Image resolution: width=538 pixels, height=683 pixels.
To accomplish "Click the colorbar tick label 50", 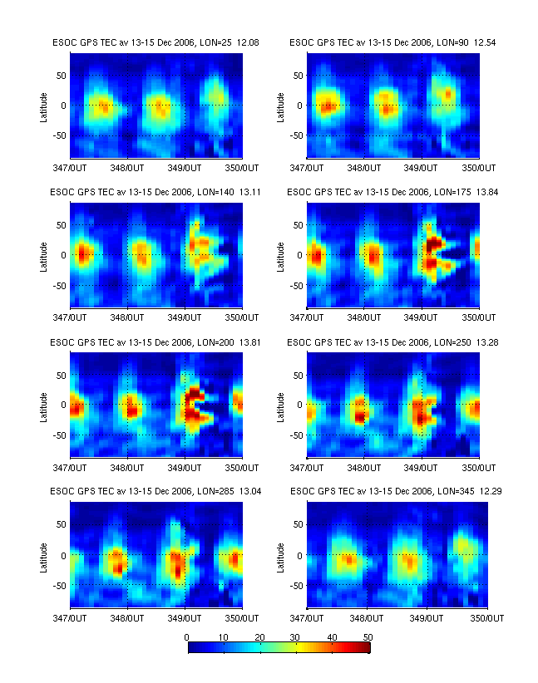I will pos(367,636).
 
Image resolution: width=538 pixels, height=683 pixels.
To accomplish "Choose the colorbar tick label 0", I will pos(188,636).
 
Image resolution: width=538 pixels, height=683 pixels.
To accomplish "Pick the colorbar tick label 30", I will pos(295,636).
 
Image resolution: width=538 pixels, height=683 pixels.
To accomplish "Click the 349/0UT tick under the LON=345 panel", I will pos(422,618).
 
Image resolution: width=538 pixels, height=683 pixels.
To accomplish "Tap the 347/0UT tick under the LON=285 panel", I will pos(70,618).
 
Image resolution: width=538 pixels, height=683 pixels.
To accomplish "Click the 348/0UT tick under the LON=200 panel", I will pos(127,468).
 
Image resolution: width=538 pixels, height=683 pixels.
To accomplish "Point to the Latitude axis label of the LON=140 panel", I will pos(43,255).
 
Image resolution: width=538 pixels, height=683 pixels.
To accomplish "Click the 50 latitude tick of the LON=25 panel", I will pos(61,75).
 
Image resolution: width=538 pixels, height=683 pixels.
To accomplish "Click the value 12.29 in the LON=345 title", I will pos(489,491).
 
